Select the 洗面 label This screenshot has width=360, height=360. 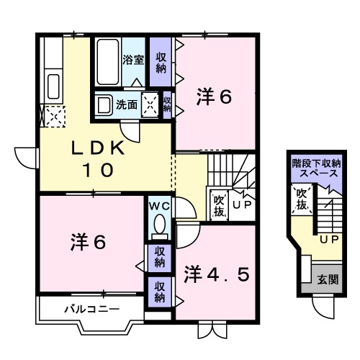pyautogui.click(x=129, y=104)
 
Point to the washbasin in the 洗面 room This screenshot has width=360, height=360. pyautogui.click(x=104, y=104)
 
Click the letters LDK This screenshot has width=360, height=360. pyautogui.click(x=98, y=150)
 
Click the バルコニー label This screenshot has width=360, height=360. pyautogui.click(x=84, y=310)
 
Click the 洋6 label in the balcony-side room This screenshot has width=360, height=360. pyautogui.click(x=88, y=243)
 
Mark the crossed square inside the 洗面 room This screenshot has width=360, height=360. pyautogui.click(x=150, y=104)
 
